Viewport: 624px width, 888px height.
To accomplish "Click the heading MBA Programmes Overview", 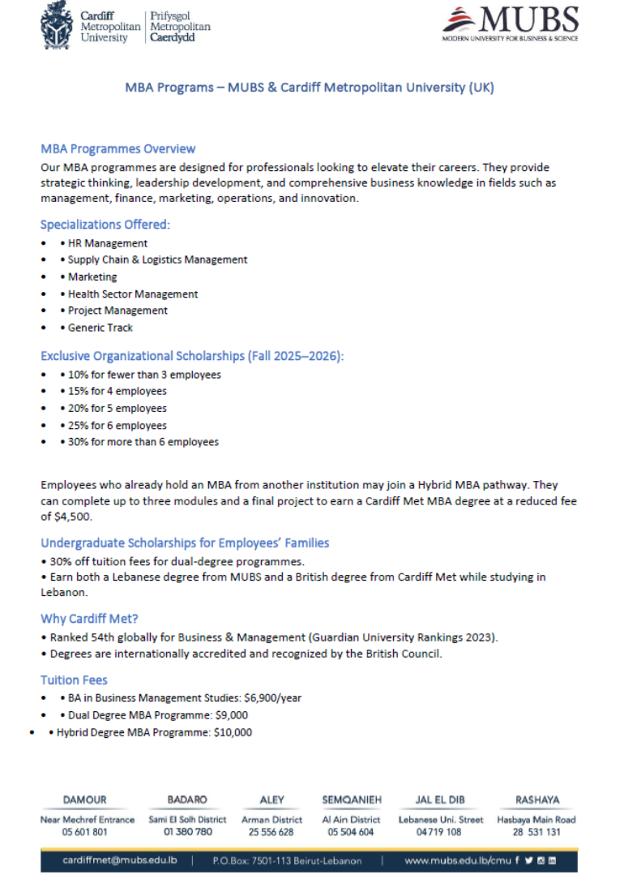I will click(x=118, y=149).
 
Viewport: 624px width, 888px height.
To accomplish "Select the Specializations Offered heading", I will click(x=105, y=225).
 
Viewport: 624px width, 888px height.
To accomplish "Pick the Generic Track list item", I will click(x=100, y=328).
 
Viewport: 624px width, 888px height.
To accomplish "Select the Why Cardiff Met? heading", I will click(x=83, y=619).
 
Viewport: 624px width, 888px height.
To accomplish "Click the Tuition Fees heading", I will click(x=74, y=680).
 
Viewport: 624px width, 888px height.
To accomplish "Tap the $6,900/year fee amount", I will click(x=272, y=698).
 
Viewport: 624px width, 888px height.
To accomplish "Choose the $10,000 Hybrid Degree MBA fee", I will click(x=233, y=733).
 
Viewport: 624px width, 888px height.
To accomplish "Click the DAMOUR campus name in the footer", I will click(x=84, y=800).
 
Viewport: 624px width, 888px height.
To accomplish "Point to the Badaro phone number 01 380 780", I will click(x=187, y=832).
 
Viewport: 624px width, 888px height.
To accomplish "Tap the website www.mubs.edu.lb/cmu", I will click(x=458, y=860).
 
